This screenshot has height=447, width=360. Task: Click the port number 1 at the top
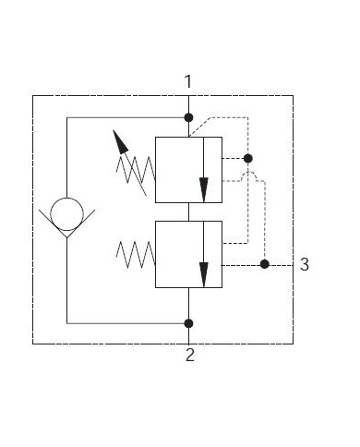point(188,81)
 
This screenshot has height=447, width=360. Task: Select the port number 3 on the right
point(305,265)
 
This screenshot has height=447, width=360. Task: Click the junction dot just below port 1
point(188,117)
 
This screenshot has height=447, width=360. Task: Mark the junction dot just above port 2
point(188,322)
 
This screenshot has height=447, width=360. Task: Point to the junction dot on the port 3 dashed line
point(264,264)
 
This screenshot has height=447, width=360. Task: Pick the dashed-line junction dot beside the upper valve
point(247,159)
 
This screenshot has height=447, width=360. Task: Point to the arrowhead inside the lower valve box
point(203,275)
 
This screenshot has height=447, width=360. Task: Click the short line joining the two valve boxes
point(188,211)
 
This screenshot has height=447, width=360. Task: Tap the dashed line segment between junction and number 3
point(279,264)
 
